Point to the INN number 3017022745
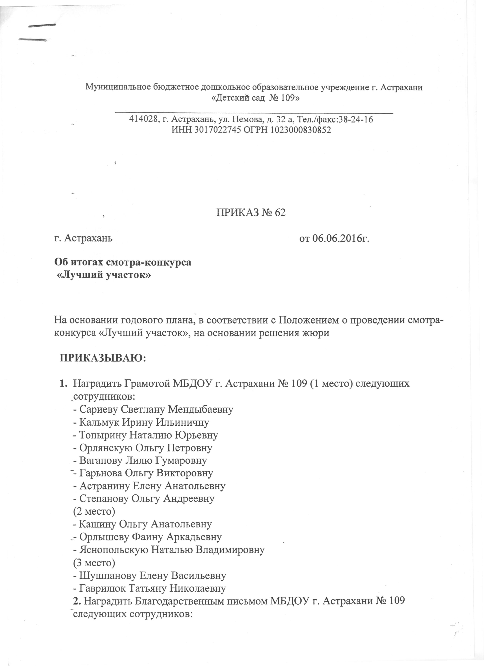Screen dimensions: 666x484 pyautogui.click(x=216, y=130)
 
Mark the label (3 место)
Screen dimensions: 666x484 pyautogui.click(x=94, y=562)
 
